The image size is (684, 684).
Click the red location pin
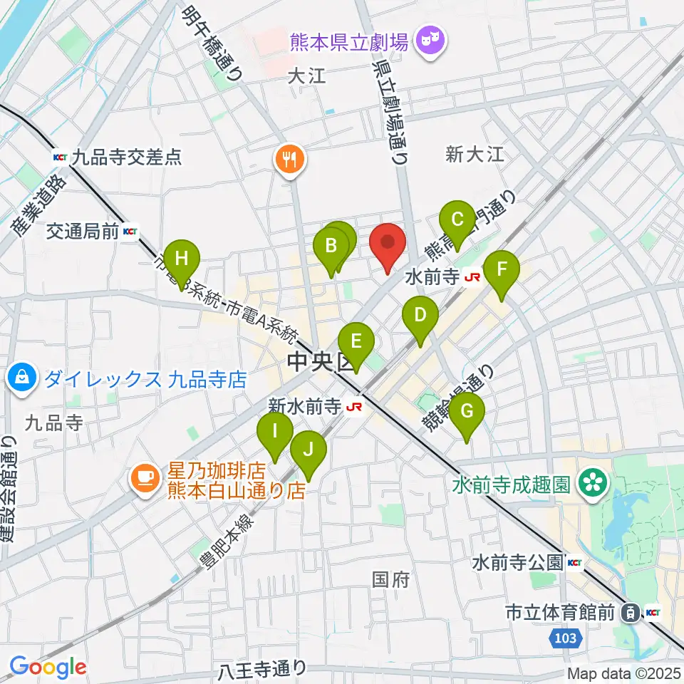pyautogui.click(x=388, y=246)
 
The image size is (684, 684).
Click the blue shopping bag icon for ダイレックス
pyautogui.click(x=23, y=378)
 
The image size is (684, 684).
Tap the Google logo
pyautogui.click(x=48, y=668)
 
